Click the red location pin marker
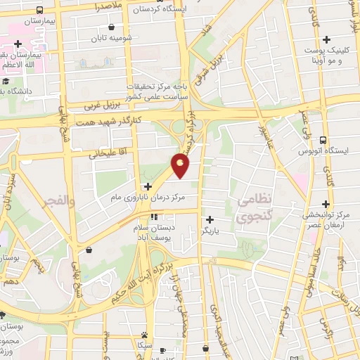(x=181, y=165)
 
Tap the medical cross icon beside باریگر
(x=210, y=219)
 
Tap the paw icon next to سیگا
(x=143, y=335)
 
